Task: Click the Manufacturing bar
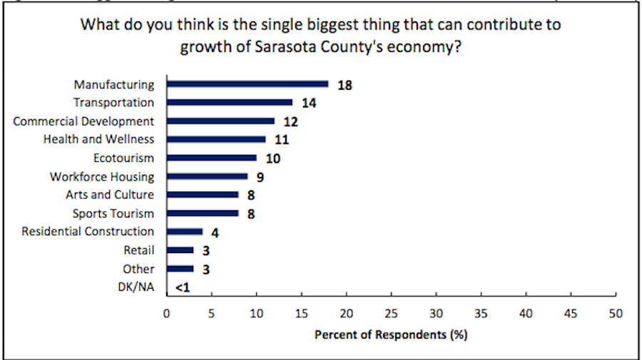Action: pyautogui.click(x=248, y=83)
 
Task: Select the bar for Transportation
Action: pyautogui.click(x=230, y=102)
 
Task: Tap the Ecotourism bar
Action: pyautogui.click(x=212, y=158)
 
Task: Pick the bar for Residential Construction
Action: pyautogui.click(x=185, y=231)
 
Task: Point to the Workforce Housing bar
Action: pyautogui.click(x=208, y=176)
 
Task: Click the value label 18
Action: pyautogui.click(x=346, y=85)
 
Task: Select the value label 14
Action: pyautogui.click(x=309, y=103)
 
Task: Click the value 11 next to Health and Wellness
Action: pyautogui.click(x=281, y=140)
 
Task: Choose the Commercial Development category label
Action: pyautogui.click(x=83, y=121)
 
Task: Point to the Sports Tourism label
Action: pyautogui.click(x=113, y=213)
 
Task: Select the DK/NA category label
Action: pyautogui.click(x=136, y=287)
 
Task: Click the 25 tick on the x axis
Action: pyautogui.click(x=391, y=313)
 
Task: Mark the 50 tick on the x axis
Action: pyautogui.click(x=616, y=313)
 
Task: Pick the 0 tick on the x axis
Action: pyautogui.click(x=167, y=313)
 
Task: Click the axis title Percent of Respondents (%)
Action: pyautogui.click(x=391, y=333)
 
